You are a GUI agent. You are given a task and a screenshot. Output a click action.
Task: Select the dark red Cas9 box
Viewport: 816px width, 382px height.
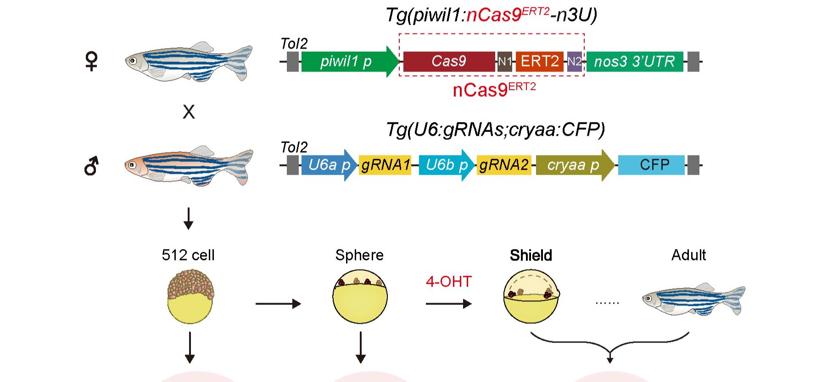point(449,61)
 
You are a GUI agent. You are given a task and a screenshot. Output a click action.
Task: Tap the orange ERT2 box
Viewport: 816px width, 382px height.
point(540,61)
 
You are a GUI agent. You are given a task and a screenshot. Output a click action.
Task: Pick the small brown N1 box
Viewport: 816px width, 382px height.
point(505,61)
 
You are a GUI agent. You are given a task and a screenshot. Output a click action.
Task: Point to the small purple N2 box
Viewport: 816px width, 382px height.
point(575,61)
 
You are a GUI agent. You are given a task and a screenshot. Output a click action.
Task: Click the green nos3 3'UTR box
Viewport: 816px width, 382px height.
point(634,61)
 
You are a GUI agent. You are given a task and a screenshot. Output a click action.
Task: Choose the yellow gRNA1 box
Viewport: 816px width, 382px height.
point(385,165)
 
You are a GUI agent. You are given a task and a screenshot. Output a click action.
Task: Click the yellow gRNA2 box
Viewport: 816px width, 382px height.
point(504,165)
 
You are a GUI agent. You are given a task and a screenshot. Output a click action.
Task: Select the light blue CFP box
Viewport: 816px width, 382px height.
point(651,165)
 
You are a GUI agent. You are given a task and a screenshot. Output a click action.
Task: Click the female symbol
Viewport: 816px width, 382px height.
point(92,61)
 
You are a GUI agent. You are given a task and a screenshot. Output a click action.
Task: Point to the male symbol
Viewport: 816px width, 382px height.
point(91,166)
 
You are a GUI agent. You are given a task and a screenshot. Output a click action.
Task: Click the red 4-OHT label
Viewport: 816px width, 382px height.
point(448,281)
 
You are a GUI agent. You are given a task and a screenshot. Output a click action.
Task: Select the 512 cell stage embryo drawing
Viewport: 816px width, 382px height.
point(190,296)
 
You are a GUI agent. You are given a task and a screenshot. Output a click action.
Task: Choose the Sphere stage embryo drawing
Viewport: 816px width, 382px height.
point(360,297)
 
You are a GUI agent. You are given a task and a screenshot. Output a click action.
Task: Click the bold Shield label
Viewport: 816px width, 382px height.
point(531,255)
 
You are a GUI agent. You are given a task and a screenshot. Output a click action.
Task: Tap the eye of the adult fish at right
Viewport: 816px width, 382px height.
point(648,299)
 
